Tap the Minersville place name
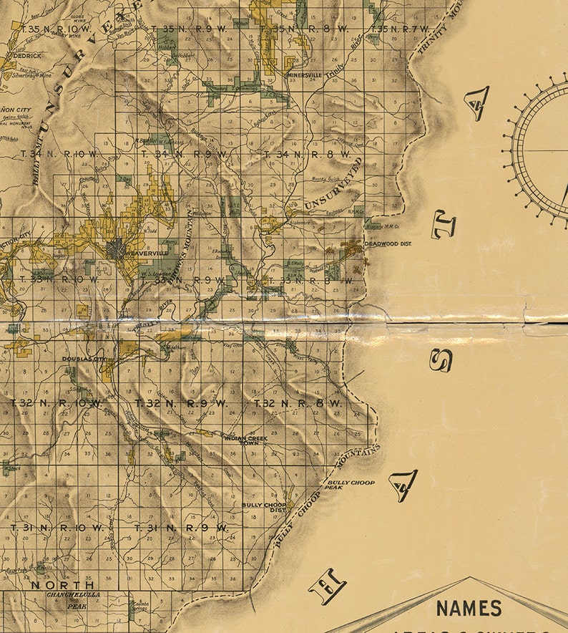[303, 74]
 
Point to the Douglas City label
[84, 358]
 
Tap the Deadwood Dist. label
[390, 244]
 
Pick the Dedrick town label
[26, 55]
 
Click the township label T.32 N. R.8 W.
[298, 404]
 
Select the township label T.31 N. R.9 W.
[180, 528]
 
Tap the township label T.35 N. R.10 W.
[52, 29]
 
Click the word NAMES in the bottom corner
[469, 609]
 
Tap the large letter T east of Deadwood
[444, 228]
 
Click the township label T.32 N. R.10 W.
[57, 403]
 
